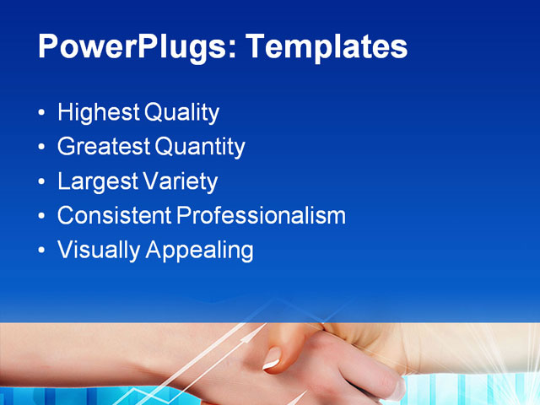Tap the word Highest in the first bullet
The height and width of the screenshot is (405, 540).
click(99, 112)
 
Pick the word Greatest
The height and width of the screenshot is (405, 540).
click(104, 147)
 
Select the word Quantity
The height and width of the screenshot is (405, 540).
click(201, 148)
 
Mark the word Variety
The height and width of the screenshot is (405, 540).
click(179, 181)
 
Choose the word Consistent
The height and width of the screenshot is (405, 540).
click(114, 215)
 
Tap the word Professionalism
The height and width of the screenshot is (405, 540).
click(262, 215)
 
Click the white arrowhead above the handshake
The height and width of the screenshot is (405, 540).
click(247, 334)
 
